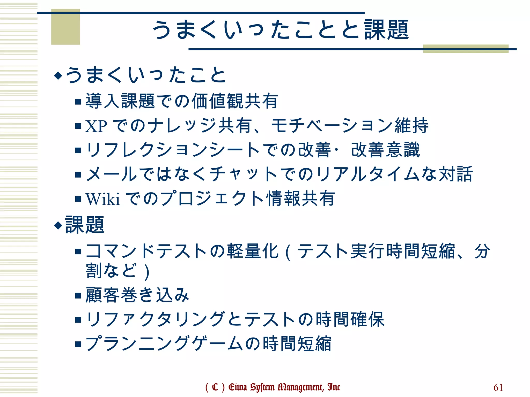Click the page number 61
(498, 387)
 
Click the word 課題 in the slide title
(386, 30)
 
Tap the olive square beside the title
(65, 27)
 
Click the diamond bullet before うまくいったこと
(58, 75)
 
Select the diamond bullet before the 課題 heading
(58, 225)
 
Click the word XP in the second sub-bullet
(96, 126)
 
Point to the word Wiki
(103, 199)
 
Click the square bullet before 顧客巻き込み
(78, 295)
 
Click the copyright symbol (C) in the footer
(215, 387)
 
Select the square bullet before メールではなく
(78, 175)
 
